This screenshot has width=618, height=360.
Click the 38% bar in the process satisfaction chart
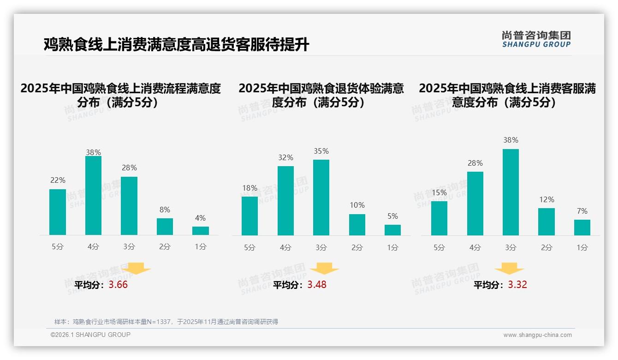point(93,196)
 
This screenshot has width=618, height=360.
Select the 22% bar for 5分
point(58,212)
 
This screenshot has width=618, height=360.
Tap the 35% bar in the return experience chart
point(321,198)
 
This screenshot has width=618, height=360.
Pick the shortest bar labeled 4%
point(201,231)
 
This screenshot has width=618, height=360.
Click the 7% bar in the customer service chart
point(582,228)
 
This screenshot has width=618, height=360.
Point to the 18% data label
point(250,188)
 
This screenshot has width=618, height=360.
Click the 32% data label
point(285,157)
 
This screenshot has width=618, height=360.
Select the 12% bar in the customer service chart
point(547,222)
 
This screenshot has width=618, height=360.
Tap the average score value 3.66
point(118,285)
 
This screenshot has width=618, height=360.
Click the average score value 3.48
point(317,285)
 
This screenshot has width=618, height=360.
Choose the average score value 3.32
point(517,285)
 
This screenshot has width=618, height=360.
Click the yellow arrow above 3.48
point(324,268)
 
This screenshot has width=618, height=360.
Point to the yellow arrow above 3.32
point(509,268)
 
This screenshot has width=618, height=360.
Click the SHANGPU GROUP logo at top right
point(536,39)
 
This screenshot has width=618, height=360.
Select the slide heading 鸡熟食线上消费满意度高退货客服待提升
point(176,45)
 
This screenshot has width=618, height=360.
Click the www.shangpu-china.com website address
point(537,335)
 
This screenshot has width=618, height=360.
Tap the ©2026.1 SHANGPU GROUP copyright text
point(90,335)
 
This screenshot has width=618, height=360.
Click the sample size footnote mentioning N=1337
point(166,322)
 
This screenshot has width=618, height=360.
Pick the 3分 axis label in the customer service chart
point(511,247)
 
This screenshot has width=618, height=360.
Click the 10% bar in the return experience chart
point(357,225)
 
